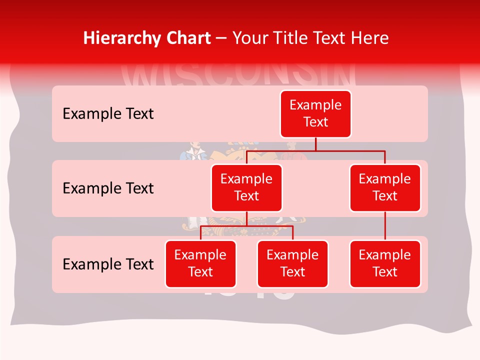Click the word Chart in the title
click(186, 38)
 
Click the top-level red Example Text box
click(315, 113)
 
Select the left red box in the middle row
click(246, 187)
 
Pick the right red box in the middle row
click(385, 187)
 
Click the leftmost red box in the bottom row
click(200, 263)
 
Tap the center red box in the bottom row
click(292, 263)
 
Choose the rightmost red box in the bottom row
click(385, 263)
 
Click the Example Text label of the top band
click(108, 114)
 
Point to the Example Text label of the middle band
click(108, 188)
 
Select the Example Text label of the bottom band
click(108, 264)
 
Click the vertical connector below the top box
click(315, 144)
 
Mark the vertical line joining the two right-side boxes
click(385, 226)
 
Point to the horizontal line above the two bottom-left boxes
click(246, 226)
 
